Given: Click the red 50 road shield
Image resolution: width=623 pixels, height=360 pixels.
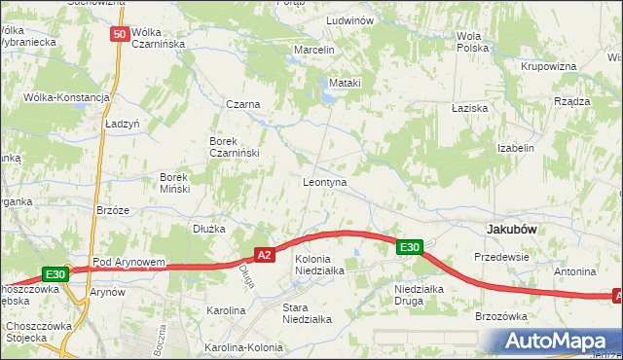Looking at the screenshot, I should [x=119, y=34].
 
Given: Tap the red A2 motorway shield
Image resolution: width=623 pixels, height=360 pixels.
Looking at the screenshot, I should [x=264, y=254].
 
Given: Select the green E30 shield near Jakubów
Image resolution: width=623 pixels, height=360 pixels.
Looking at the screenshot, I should [x=410, y=248].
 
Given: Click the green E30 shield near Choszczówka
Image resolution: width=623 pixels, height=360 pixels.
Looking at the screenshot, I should [x=55, y=275].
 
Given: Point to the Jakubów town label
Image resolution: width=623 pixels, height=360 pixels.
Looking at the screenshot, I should [x=513, y=228].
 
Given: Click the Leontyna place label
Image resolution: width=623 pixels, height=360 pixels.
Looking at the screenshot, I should [x=325, y=182].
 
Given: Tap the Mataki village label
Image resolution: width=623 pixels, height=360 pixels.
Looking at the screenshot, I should [x=345, y=83].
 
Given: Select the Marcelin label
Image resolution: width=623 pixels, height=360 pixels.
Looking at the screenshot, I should [x=314, y=50].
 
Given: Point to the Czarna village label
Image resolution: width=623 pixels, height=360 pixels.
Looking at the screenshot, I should [x=240, y=105].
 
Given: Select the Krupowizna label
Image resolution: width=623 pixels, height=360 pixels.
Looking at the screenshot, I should [x=549, y=66].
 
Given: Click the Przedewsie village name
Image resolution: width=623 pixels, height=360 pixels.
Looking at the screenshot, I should [x=500, y=257].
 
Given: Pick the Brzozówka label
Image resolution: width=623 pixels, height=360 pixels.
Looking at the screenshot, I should [x=500, y=316].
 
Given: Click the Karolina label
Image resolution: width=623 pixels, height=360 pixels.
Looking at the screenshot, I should [x=226, y=310].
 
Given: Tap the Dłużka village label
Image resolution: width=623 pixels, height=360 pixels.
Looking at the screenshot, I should [x=208, y=229].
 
